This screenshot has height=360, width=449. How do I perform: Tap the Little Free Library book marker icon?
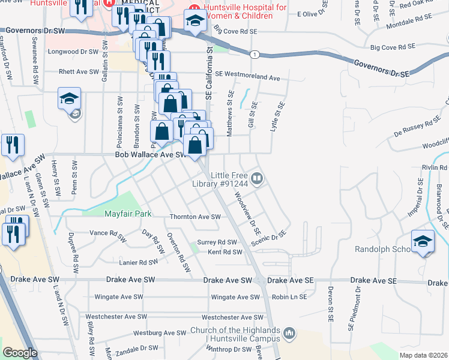coord(257,178)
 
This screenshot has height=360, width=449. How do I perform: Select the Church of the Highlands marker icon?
coord(289,332)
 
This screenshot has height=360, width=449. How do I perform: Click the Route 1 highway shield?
coord(256,55)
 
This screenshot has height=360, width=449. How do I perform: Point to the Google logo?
coord(20,353)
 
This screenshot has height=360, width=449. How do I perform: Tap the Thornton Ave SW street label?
coord(195,217)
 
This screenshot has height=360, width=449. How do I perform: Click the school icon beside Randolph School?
coord(423,241)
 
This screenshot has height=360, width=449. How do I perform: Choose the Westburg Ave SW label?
coord(159,332)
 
